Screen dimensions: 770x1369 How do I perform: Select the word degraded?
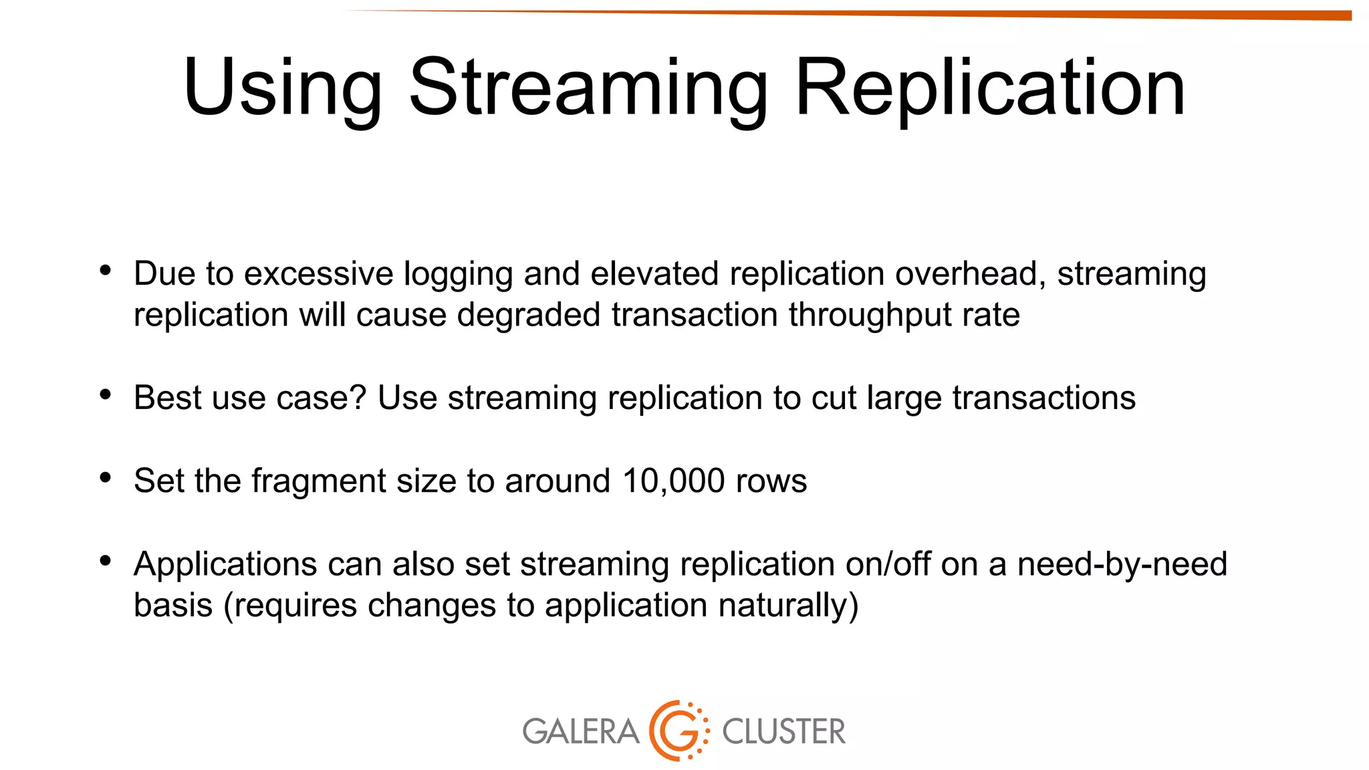pos(528,315)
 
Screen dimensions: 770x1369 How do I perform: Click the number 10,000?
pos(673,481)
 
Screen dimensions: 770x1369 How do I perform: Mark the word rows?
pos(771,481)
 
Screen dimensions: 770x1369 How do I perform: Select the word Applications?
pos(225,565)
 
